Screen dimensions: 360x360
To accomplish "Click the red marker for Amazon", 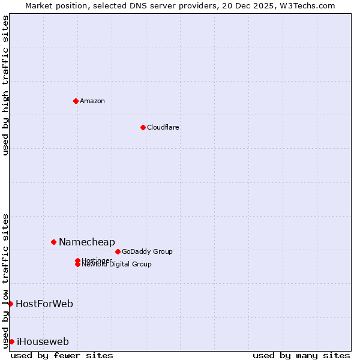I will tap(76, 101).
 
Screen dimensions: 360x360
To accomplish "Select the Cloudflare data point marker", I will tap(143, 127).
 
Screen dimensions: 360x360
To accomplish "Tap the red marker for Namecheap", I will tap(53, 242).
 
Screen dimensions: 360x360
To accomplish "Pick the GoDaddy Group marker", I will tap(118, 251).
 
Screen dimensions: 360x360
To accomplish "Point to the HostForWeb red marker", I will tap(10, 304).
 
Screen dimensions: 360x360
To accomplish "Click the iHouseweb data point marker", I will tap(11, 341).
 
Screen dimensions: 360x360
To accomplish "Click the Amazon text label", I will tap(92, 101).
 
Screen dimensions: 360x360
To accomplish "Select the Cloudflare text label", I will tap(163, 127).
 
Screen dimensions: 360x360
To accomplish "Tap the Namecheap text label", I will tap(87, 242).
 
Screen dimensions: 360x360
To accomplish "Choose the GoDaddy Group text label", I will tap(147, 251).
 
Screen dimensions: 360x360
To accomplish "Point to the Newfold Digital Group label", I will tap(117, 265).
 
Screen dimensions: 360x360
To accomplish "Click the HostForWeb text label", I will tap(44, 304).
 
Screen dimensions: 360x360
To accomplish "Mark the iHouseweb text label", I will tap(43, 341).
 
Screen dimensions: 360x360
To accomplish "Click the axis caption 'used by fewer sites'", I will tap(62, 355).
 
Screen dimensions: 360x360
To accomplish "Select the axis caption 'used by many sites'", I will tap(301, 355).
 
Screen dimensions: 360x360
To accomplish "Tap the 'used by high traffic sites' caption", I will tap(6, 85).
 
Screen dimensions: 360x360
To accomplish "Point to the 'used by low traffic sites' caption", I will tap(6, 280).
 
